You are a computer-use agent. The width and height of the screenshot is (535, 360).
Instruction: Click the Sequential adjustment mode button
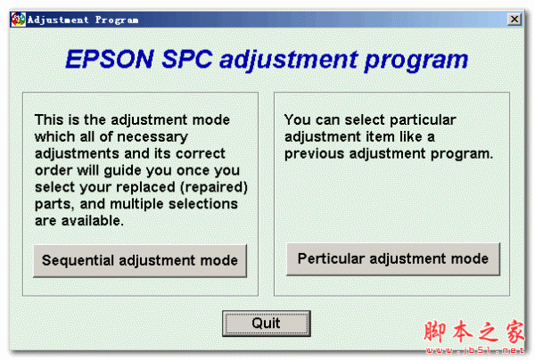coord(140,261)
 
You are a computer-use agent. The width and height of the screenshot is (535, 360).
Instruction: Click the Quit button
coord(266,323)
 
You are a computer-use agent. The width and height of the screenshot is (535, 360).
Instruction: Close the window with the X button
coord(514,19)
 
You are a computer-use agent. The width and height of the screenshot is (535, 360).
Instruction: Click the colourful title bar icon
coord(18,20)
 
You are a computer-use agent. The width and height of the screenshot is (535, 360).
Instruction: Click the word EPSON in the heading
coord(110,60)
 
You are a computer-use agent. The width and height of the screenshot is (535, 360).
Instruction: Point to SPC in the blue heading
coord(187,60)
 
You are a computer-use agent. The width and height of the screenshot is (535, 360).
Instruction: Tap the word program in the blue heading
coord(416,61)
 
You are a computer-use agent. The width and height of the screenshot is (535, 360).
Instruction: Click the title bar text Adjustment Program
coord(83,20)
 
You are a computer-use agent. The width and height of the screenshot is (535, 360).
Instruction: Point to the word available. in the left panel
coord(93,221)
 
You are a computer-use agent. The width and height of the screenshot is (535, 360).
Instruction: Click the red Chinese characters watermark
coord(474,331)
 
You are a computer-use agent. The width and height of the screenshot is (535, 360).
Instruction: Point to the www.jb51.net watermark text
coord(475,350)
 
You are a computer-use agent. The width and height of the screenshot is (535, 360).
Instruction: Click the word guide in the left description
coord(124,171)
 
